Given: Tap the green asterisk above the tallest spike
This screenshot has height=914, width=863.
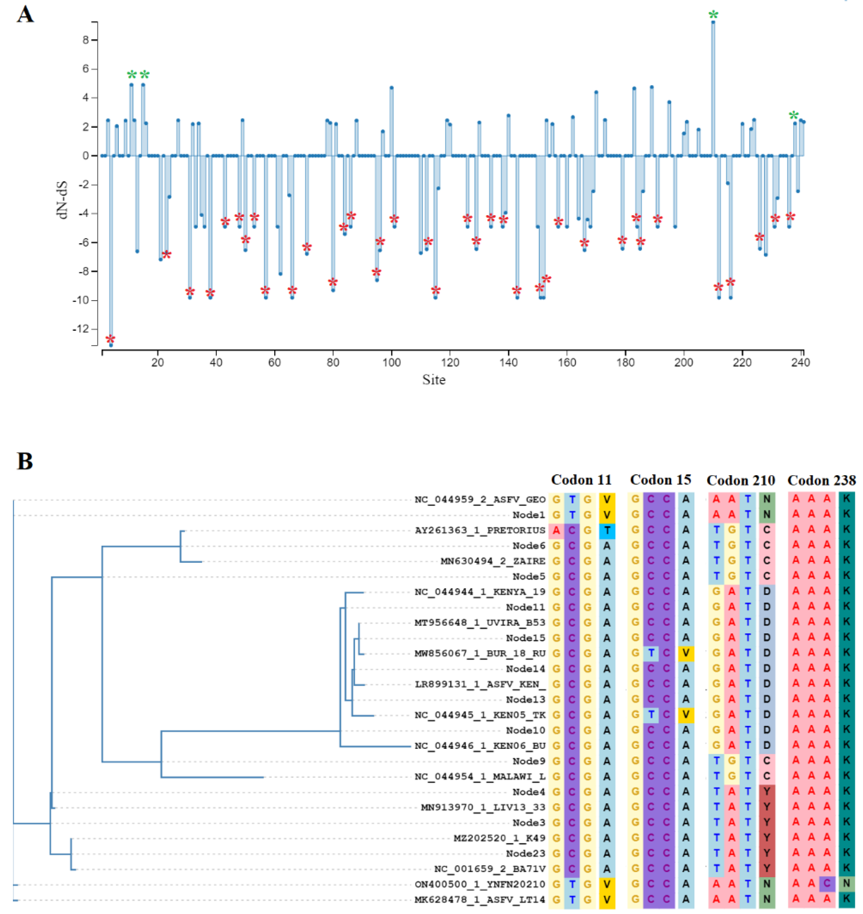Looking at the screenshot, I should pyautogui.click(x=713, y=15).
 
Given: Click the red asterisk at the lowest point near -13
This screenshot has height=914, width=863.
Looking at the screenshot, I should pyautogui.click(x=110, y=340).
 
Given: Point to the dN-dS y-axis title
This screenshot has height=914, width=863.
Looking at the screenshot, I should pyautogui.click(x=63, y=200).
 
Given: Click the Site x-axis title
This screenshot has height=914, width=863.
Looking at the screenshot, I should pyautogui.click(x=434, y=380).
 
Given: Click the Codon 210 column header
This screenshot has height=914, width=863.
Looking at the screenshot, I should pyautogui.click(x=741, y=480).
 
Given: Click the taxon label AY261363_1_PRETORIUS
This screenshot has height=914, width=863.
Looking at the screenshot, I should pyautogui.click(x=480, y=530).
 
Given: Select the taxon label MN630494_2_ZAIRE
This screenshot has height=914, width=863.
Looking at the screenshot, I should pyautogui.click(x=493, y=561).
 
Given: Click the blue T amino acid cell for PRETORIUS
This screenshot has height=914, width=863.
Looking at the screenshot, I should pyautogui.click(x=607, y=530).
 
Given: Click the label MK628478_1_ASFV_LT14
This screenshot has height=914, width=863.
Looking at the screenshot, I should pyautogui.click(x=480, y=899).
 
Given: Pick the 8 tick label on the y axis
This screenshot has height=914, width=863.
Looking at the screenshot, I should pyautogui.click(x=86, y=40).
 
